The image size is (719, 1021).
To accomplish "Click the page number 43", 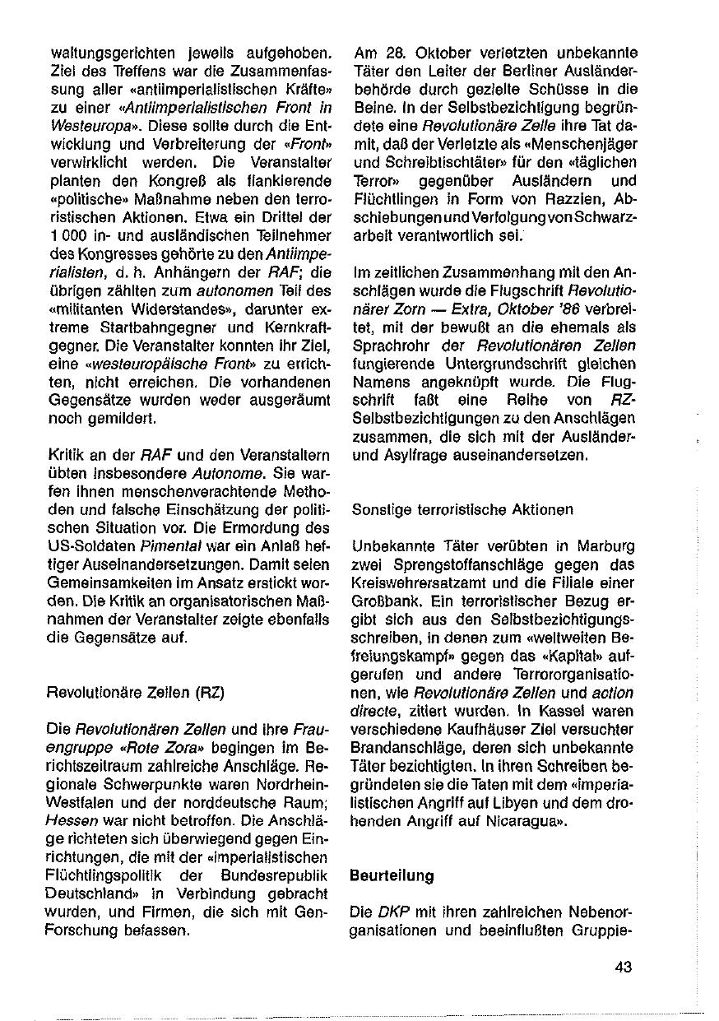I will (623, 966).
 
